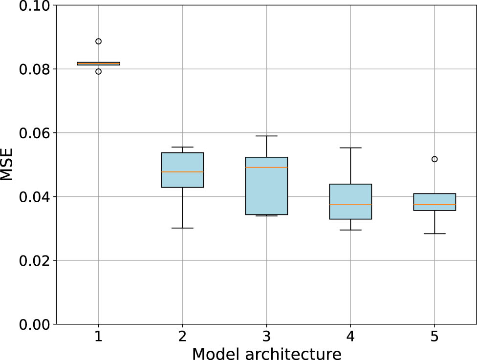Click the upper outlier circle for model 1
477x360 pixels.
pos(98,41)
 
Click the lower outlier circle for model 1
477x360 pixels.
pos(98,71)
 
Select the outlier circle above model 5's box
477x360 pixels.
pos(434,159)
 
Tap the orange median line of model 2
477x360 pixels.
pos(182,172)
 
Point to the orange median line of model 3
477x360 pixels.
pos(266,168)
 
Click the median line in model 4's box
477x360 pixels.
pos(350,205)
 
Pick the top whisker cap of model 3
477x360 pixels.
pos(266,136)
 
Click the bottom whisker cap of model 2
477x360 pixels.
pos(182,228)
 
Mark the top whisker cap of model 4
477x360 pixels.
pos(350,148)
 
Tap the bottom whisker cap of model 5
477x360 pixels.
pos(434,233)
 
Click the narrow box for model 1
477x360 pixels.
pos(98,64)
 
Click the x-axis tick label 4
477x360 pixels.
pos(350,337)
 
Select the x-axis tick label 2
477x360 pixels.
pos(182,337)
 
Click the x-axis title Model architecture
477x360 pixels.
pos(266,353)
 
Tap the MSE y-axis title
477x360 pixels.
pos(7,165)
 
